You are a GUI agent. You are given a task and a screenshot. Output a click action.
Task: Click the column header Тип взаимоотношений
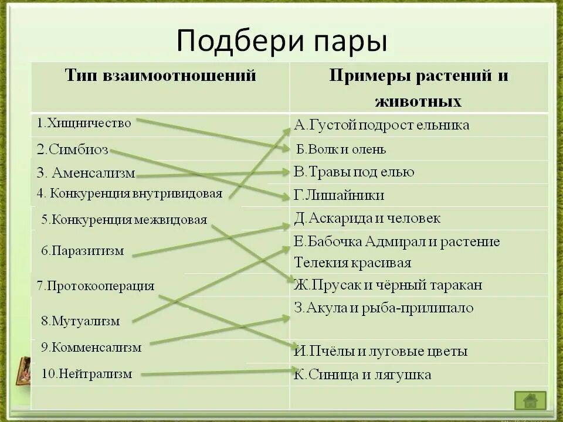tap(160, 76)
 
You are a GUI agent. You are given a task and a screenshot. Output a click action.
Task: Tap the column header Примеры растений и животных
tap(418, 89)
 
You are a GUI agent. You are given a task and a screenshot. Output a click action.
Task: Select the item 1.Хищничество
tap(84, 123)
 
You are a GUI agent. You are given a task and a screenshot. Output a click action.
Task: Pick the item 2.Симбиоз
tap(72, 149)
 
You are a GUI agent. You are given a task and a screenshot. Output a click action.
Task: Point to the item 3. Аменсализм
tap(86, 173)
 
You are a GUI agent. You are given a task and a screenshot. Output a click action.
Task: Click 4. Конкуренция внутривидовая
tap(130, 193)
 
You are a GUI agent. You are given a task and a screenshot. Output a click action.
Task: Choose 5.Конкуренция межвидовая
tap(124, 220)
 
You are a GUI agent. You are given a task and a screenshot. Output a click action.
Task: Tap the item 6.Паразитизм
tap(83, 251)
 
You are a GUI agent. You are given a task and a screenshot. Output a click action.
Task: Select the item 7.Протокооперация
tap(96, 286)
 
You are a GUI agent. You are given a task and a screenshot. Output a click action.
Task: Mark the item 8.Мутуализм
tap(80, 321)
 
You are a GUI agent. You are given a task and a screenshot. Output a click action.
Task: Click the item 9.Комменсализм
tap(91, 347)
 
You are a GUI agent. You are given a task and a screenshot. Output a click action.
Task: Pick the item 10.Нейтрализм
tap(86, 373)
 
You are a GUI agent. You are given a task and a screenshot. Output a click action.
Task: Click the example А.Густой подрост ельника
tap(382, 125)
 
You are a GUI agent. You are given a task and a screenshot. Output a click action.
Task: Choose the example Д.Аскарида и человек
tap(367, 219)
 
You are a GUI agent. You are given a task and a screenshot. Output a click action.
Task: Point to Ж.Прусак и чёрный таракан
tap(388, 285)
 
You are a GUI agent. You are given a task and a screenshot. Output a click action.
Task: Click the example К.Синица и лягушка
tap(362, 375)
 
